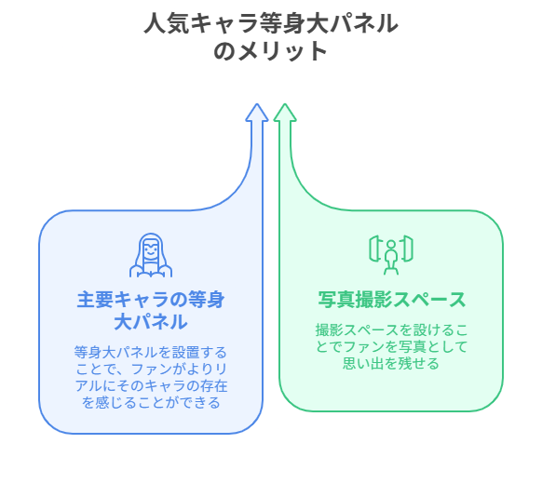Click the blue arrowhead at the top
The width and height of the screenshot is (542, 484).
[257, 113]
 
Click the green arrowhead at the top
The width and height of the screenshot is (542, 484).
[285, 113]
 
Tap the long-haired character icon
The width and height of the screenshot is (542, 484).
[151, 255]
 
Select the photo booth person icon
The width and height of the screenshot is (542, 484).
[391, 255]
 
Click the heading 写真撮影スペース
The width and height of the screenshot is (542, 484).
[392, 300]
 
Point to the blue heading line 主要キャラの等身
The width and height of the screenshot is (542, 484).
[151, 300]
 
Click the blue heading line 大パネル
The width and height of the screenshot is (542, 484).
[151, 322]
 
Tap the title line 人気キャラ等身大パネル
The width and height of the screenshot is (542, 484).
[271, 23]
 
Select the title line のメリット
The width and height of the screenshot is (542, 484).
[271, 51]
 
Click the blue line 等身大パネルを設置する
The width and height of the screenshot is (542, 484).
[151, 353]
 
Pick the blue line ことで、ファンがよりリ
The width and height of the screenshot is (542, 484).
[151, 369]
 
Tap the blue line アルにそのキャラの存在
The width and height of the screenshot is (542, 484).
[151, 385]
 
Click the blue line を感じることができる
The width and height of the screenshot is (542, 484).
[151, 402]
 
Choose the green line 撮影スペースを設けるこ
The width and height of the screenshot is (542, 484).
[391, 329]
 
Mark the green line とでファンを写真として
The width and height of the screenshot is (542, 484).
[391, 346]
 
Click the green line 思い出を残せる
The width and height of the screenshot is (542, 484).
[391, 363]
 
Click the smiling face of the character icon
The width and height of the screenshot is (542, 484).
[151, 249]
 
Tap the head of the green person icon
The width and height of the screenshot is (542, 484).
[391, 244]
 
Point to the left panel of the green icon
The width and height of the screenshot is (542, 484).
[374, 248]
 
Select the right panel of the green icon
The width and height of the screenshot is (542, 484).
[408, 248]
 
